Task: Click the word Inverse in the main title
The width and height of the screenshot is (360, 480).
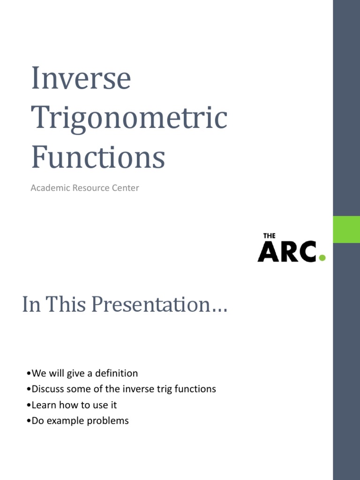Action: (81, 79)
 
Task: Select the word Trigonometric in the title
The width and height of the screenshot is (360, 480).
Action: (129, 118)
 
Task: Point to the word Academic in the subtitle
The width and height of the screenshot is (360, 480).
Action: (49, 188)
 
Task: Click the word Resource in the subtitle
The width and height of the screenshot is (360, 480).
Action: (90, 188)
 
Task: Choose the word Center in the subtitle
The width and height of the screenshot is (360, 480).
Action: (126, 188)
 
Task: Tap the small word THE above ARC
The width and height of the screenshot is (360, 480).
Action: (269, 236)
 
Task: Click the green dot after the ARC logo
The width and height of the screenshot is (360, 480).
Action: (322, 257)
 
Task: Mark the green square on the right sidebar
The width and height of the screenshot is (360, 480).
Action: (346, 229)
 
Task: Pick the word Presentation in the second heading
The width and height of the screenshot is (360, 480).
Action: (159, 305)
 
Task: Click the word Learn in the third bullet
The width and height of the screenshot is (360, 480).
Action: (44, 405)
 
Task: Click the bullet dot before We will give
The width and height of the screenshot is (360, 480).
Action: (29, 374)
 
